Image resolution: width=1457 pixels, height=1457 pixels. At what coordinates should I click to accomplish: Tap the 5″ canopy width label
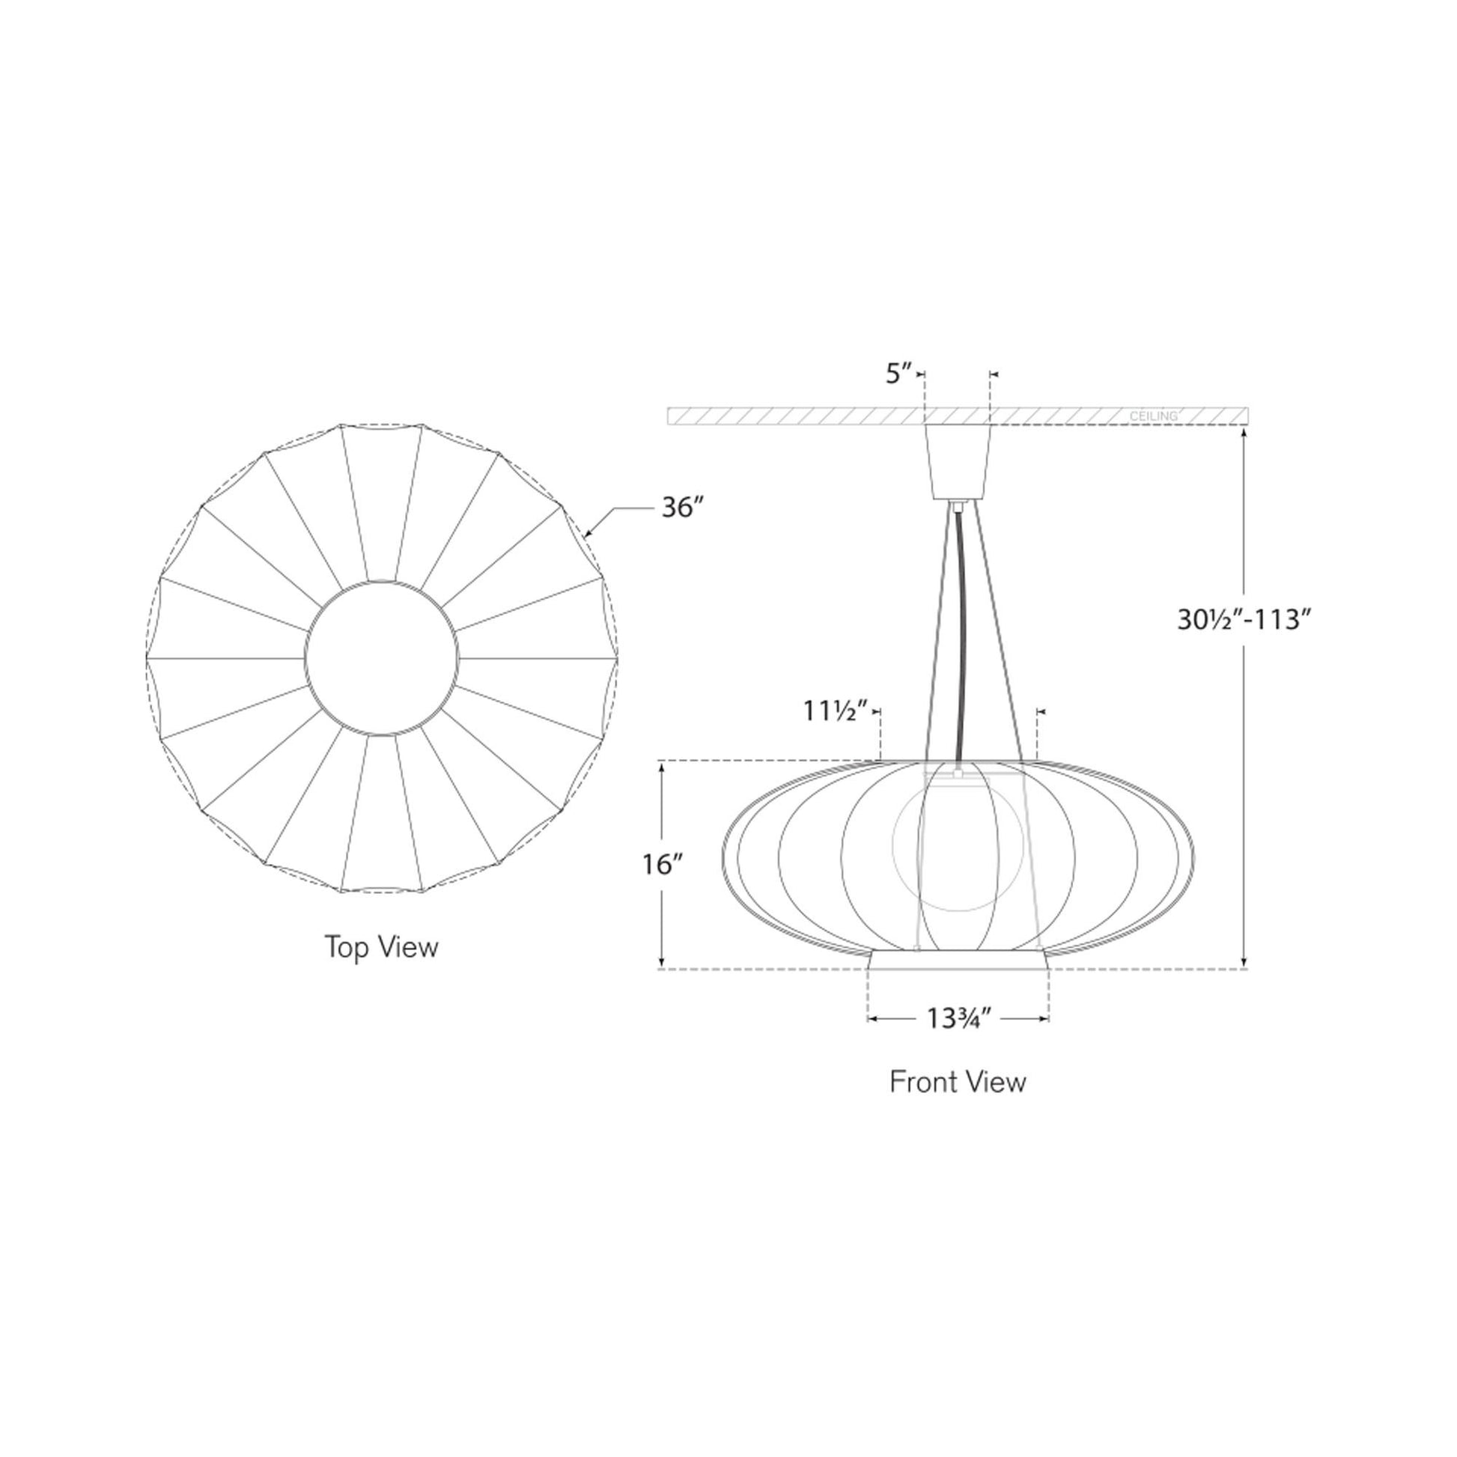point(899,375)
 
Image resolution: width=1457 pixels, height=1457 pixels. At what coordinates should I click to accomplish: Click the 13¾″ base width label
point(958,1019)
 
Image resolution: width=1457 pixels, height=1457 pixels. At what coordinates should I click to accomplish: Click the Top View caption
point(382,947)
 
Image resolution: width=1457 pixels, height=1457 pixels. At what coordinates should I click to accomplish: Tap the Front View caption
point(958,1082)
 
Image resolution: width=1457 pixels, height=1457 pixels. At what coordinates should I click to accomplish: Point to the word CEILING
point(1153,416)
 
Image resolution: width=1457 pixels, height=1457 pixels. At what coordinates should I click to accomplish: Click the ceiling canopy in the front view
point(958,461)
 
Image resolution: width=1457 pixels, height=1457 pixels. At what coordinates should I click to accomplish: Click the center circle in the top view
point(382,657)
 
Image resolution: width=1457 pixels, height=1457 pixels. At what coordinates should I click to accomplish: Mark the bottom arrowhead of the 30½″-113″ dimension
point(1244,963)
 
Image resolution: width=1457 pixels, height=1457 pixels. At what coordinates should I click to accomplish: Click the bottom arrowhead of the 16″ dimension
point(662,963)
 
